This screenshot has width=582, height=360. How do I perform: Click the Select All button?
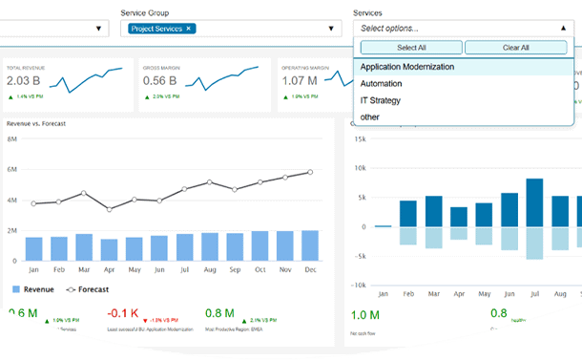(410, 47)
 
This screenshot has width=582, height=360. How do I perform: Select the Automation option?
(382, 84)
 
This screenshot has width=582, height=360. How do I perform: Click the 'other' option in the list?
(370, 116)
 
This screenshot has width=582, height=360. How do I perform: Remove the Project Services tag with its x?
(189, 29)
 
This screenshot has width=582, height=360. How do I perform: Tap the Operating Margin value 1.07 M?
(300, 80)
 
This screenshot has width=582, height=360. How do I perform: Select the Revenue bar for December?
(309, 245)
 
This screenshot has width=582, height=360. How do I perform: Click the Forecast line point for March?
(84, 193)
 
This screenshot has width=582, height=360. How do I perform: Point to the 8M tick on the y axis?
(12, 139)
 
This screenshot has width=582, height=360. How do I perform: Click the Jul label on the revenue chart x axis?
(183, 269)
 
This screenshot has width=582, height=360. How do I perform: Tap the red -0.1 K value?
(124, 313)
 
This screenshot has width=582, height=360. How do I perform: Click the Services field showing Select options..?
(463, 29)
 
